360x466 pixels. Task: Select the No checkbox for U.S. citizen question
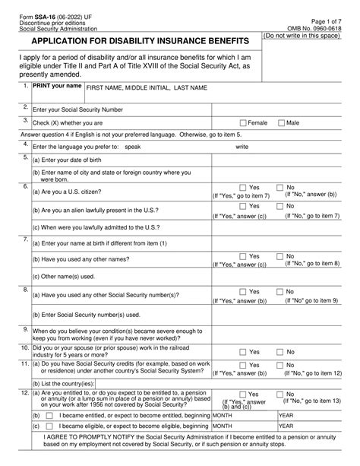(279, 187)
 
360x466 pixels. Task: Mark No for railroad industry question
(279, 352)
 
